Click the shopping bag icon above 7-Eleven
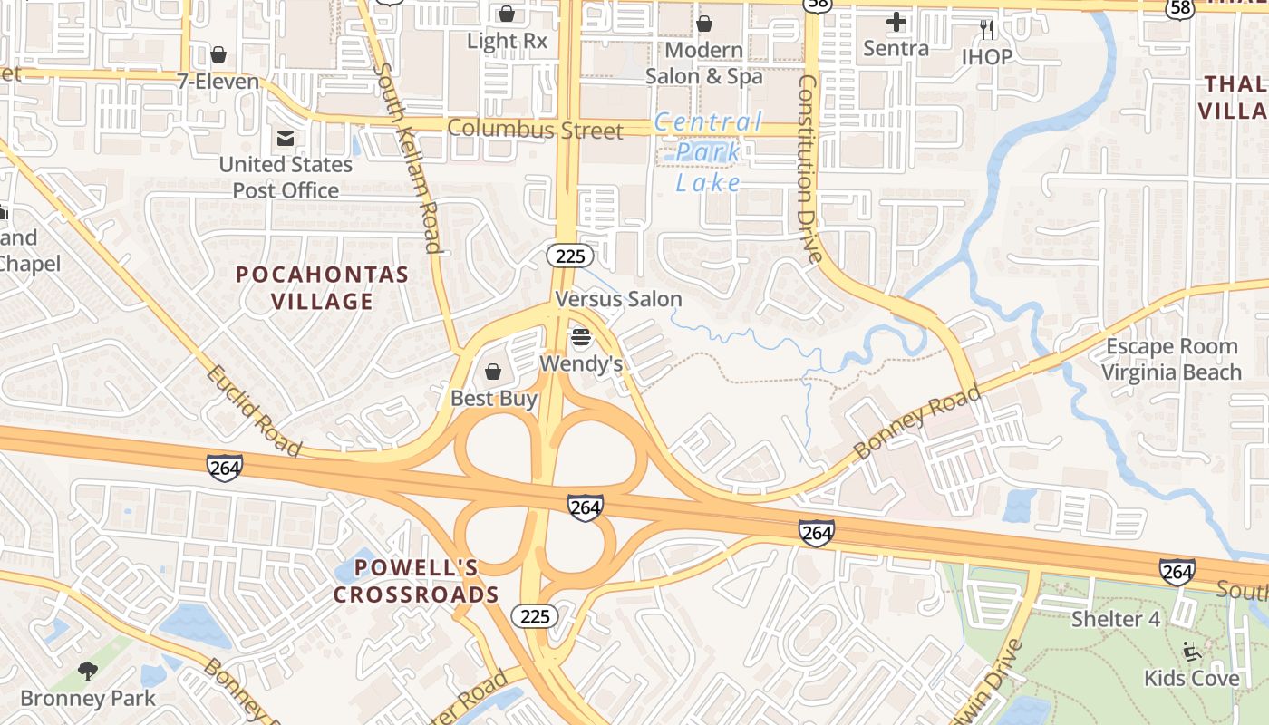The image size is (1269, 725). coord(218,55)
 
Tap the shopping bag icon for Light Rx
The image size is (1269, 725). coord(507,14)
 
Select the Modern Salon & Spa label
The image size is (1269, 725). coord(704,63)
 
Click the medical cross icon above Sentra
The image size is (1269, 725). coord(896,22)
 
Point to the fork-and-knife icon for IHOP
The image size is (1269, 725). coord(987,30)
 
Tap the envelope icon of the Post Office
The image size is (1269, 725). coord(286,139)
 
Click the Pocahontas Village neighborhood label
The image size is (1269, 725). coord(323,287)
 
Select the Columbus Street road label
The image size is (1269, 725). coord(535,130)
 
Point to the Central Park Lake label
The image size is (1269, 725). coord(708,152)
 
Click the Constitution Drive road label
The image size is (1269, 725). coord(809,169)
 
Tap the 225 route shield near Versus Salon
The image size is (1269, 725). coord(570,256)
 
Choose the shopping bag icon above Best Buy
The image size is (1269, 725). coord(493,372)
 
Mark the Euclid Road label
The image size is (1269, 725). coord(253,411)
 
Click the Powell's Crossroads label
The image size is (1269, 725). coord(416,581)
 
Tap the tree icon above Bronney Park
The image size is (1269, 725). coord(88,672)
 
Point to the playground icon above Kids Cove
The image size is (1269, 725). coord(1191,651)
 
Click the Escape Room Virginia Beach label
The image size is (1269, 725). coord(1171,359)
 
